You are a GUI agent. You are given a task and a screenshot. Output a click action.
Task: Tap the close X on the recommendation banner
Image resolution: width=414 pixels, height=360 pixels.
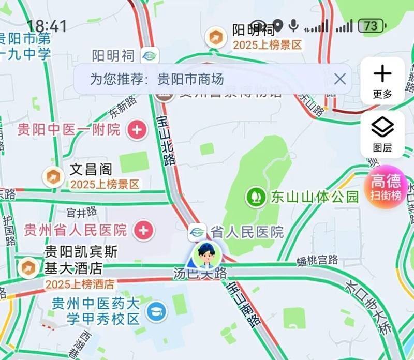339,79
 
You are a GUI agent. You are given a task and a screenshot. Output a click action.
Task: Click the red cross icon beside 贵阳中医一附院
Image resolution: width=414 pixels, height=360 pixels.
137,129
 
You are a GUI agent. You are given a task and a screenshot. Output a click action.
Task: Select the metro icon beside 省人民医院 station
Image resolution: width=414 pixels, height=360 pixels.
197,232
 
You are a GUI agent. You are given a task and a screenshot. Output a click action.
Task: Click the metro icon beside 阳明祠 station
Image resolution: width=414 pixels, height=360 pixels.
150,55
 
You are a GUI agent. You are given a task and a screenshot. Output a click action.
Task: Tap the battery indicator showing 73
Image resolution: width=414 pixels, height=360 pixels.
372,25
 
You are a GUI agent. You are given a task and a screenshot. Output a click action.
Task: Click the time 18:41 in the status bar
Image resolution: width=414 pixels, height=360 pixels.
47,26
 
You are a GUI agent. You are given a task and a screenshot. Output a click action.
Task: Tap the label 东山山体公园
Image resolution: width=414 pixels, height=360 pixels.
314,197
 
